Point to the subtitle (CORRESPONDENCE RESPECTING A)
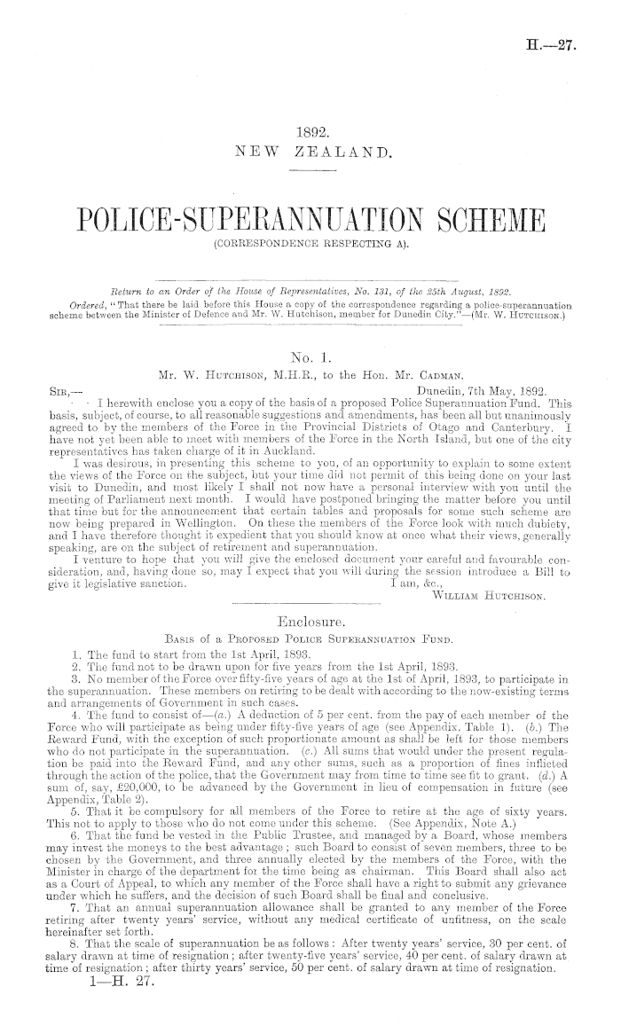(310, 242)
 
